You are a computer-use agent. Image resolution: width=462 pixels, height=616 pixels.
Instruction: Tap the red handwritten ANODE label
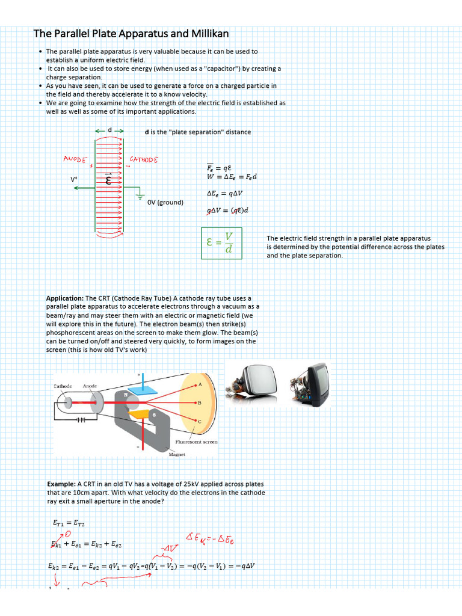76,159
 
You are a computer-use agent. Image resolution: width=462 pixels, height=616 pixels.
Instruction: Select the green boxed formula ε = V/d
221,243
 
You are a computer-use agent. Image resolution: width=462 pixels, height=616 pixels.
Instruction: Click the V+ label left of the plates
74,179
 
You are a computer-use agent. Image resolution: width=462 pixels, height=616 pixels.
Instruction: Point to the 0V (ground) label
165,202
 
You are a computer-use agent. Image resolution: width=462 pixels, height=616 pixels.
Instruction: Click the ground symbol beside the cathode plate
140,196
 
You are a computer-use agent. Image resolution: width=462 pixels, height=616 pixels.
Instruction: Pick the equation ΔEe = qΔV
224,193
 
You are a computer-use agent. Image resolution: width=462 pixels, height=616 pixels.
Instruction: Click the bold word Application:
65,298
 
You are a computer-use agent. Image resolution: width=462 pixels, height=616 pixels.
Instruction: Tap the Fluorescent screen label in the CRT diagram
196,442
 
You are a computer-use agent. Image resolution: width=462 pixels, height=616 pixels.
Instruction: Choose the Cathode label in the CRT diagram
63,386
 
